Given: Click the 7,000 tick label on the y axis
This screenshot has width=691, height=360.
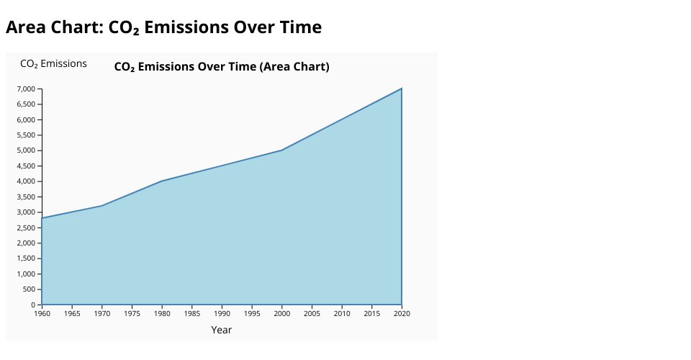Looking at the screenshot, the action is tap(26, 89).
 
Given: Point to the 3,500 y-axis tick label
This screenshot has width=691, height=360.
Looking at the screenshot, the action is tap(26, 197).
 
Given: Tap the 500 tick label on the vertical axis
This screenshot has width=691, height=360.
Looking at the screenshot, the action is tap(29, 289).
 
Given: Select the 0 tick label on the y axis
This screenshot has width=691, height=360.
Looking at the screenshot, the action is tap(33, 305).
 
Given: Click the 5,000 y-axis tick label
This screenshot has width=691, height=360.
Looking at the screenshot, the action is tap(26, 150).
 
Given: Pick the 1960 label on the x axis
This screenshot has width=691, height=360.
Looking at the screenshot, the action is tap(42, 314).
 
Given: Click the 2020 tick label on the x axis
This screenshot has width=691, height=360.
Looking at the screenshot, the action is tap(402, 314).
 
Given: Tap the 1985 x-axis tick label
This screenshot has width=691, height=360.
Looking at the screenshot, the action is tap(192, 314).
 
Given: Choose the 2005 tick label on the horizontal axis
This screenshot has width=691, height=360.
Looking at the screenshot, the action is tap(312, 314).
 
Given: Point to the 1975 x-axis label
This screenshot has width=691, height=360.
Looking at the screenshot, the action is tap(132, 314).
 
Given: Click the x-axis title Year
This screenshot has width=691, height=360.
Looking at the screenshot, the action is tap(222, 330).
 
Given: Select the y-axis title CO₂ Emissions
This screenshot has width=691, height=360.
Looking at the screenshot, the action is tap(54, 64).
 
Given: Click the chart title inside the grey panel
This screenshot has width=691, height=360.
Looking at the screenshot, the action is tap(222, 66).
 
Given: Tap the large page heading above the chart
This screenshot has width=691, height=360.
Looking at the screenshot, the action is tap(164, 27).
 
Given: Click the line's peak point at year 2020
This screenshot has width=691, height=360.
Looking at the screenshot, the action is tap(402, 89).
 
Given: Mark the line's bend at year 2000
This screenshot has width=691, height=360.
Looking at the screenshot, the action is tap(282, 150).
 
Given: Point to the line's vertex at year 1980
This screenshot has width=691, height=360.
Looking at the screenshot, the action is tap(162, 181).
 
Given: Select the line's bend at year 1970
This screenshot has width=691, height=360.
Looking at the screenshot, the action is tap(102, 206).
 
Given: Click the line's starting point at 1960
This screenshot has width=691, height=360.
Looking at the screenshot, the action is tap(42, 218).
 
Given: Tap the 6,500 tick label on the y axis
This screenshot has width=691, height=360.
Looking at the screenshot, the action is tap(26, 104).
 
